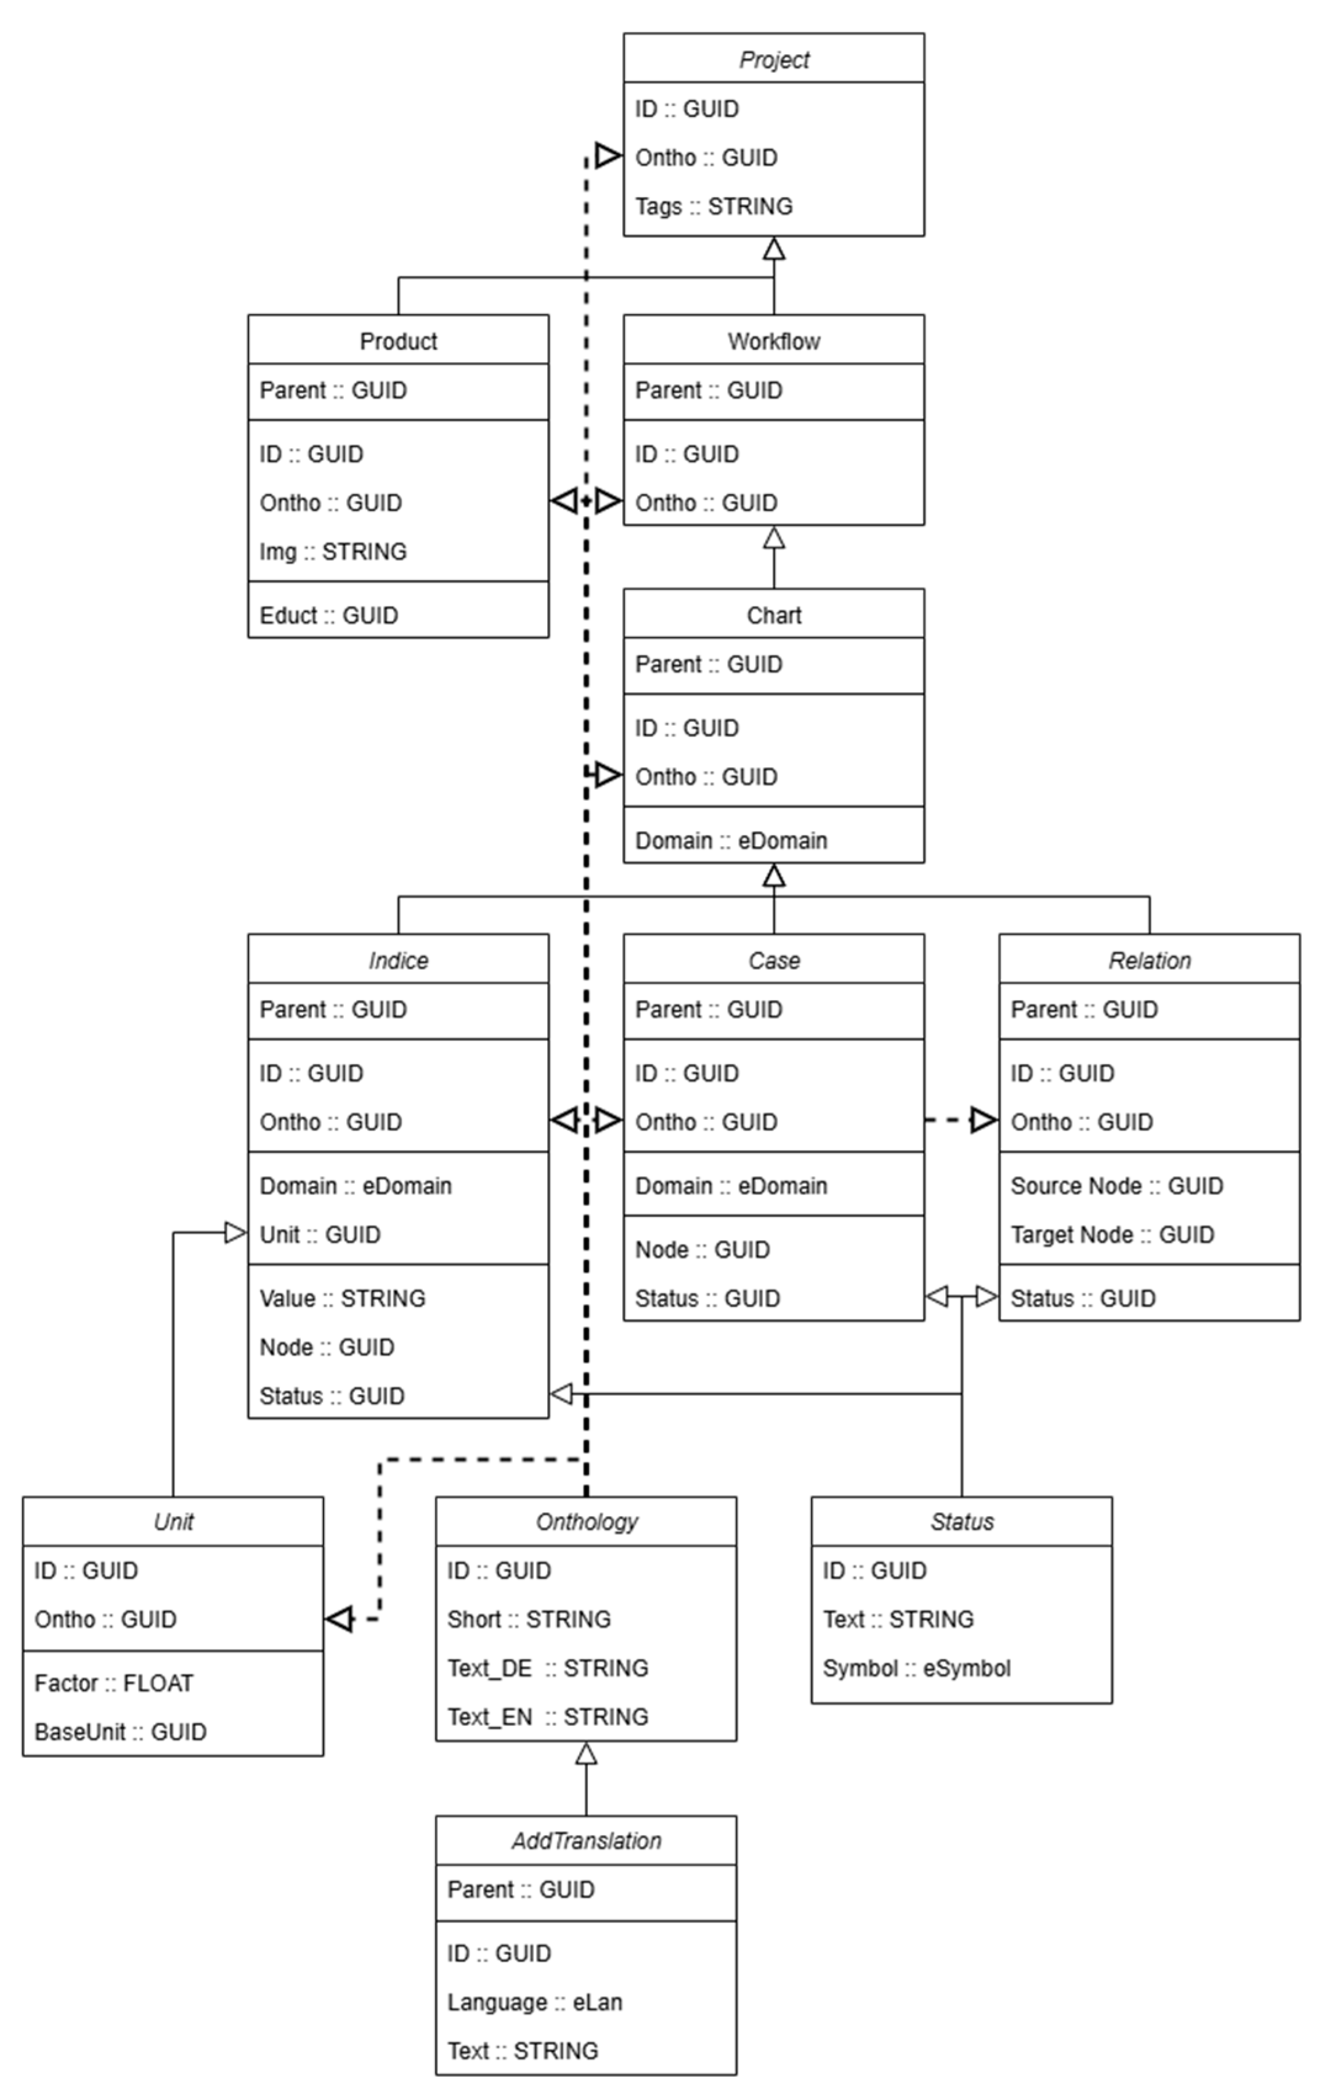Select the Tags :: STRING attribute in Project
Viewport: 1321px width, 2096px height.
click(713, 206)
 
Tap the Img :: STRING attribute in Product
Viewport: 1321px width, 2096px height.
click(333, 551)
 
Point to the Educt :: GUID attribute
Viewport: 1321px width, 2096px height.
click(328, 615)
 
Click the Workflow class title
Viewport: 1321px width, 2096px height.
click(773, 341)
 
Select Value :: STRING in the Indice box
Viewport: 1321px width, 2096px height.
click(342, 1298)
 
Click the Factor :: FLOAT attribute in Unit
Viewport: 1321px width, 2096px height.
click(113, 1683)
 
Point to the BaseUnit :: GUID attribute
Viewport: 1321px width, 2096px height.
click(120, 1731)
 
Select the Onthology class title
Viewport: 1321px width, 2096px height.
click(586, 1522)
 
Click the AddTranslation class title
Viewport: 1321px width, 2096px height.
click(586, 1840)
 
